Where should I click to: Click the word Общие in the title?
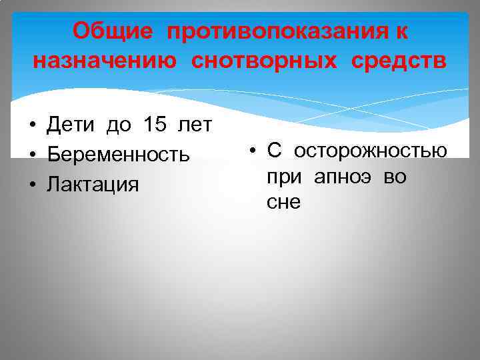(x=111, y=31)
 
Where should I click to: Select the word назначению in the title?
(x=105, y=61)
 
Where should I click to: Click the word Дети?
(x=71, y=124)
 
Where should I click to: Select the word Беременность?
(x=118, y=155)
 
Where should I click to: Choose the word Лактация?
(x=93, y=184)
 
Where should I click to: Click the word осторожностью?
(x=371, y=150)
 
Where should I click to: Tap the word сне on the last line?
(x=283, y=203)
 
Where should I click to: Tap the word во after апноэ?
(x=395, y=177)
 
